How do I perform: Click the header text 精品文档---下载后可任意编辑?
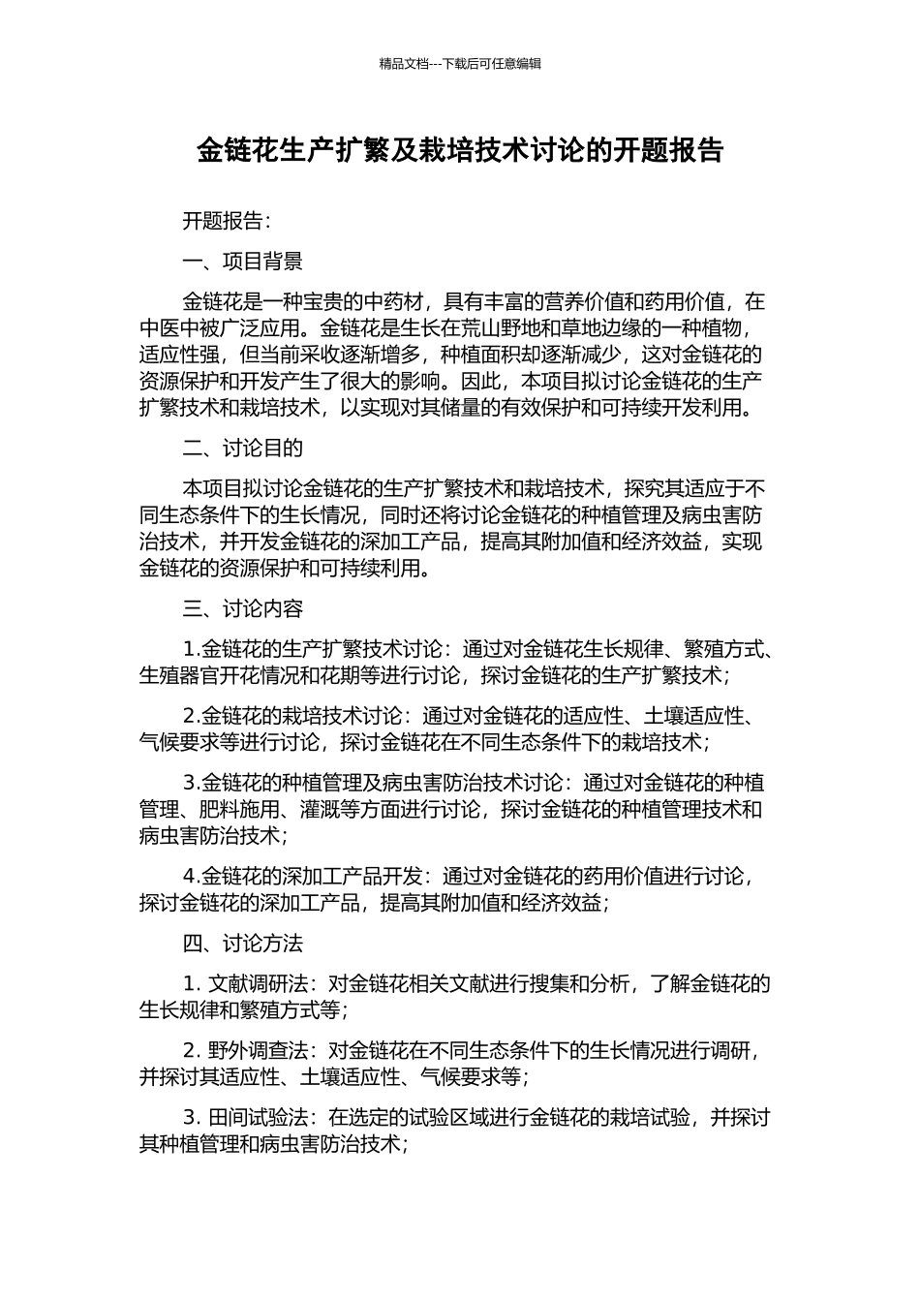[x=460, y=64]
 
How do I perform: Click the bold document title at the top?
[x=460, y=150]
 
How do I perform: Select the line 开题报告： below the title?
[x=228, y=221]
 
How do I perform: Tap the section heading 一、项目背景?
[x=243, y=262]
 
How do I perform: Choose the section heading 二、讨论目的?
[x=243, y=449]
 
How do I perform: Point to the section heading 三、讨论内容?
[x=243, y=609]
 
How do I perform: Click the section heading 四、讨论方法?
[x=243, y=944]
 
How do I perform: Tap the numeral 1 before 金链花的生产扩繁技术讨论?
[x=189, y=649]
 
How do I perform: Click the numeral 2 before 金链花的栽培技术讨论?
[x=189, y=717]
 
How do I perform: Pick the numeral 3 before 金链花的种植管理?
[x=189, y=783]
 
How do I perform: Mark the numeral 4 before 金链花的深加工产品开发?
[x=189, y=877]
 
